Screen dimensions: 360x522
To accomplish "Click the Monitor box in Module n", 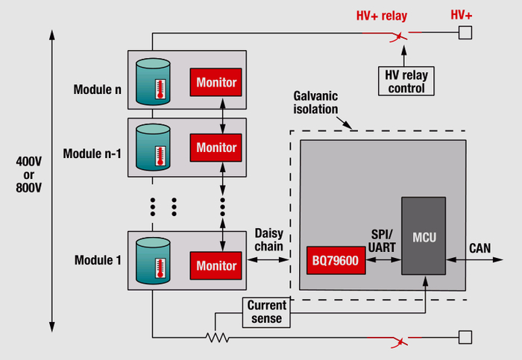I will (x=216, y=82).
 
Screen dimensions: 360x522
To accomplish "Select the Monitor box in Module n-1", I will (x=216, y=147).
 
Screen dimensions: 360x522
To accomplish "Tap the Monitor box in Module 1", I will (x=216, y=265).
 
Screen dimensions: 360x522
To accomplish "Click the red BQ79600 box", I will (x=333, y=259).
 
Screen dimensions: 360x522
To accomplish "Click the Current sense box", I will (x=266, y=312).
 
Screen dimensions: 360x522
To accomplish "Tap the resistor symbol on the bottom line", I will (x=217, y=337).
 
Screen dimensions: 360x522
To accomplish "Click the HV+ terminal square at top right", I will (x=465, y=32).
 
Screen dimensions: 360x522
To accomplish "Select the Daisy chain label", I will (x=269, y=239).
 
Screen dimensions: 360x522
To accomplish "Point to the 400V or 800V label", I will (x=28, y=174).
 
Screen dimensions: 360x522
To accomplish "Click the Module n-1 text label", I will (x=92, y=153).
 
